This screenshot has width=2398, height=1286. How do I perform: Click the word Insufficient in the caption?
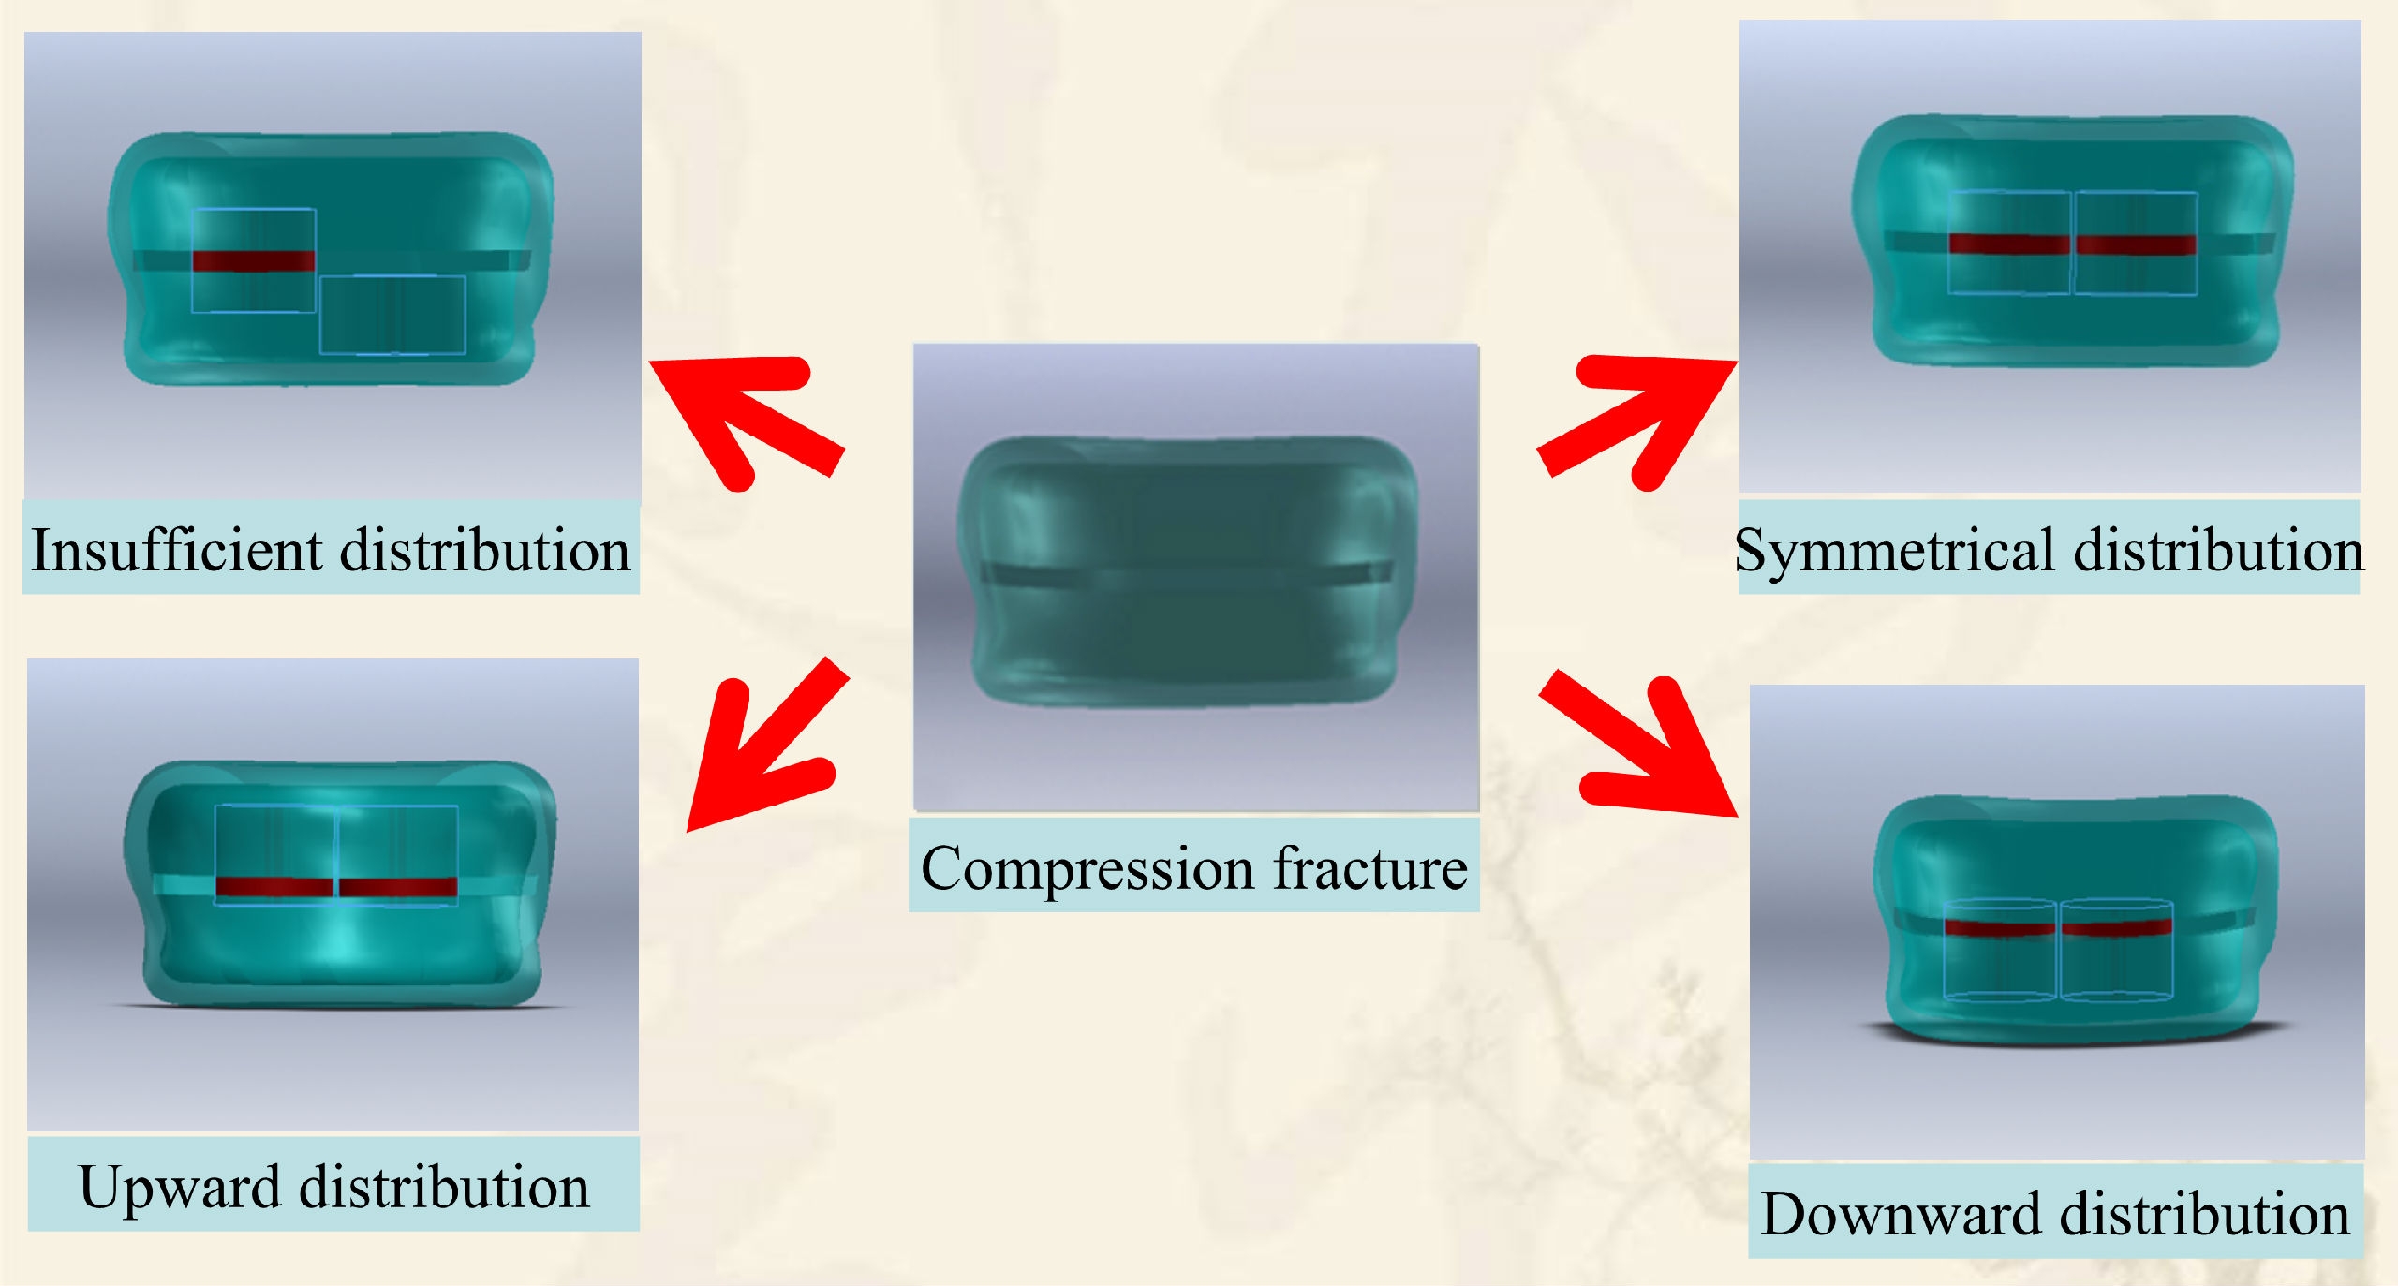178,550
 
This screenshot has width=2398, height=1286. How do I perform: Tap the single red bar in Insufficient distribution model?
254,261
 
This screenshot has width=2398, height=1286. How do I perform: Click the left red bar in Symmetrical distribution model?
2009,244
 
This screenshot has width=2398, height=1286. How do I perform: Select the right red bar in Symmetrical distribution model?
2136,244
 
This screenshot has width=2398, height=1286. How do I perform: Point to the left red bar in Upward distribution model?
274,886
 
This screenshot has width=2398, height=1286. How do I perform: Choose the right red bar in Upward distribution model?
398,886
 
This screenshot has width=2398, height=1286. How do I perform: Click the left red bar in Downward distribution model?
2000,927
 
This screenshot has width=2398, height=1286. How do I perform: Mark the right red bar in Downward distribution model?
2117,927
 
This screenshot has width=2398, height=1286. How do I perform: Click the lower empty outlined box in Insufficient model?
392,315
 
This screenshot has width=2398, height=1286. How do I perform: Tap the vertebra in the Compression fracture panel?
1188,571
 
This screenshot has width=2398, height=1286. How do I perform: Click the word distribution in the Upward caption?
445,1188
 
